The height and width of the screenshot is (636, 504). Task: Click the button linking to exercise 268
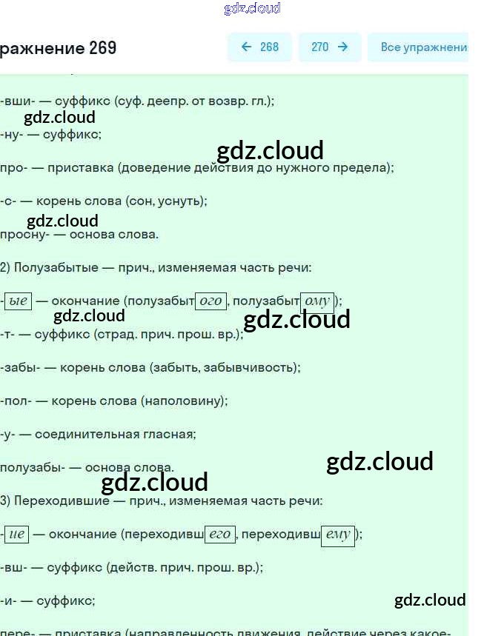[259, 47]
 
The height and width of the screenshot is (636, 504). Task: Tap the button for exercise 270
[329, 47]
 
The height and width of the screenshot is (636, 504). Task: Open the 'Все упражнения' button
[422, 47]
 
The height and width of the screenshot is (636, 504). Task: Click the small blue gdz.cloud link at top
[252, 9]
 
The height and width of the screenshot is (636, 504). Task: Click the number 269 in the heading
[102, 48]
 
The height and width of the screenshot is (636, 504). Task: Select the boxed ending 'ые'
[17, 301]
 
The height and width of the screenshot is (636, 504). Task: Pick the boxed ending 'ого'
[211, 301]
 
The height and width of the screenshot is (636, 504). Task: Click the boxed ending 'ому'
[317, 301]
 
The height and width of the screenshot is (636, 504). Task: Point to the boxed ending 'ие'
[16, 534]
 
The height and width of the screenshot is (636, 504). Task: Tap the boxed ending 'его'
[220, 534]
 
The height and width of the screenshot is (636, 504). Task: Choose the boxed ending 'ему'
[337, 534]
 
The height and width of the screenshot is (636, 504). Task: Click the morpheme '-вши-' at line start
[14, 101]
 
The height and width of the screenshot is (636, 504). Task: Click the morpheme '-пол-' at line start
[15, 401]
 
